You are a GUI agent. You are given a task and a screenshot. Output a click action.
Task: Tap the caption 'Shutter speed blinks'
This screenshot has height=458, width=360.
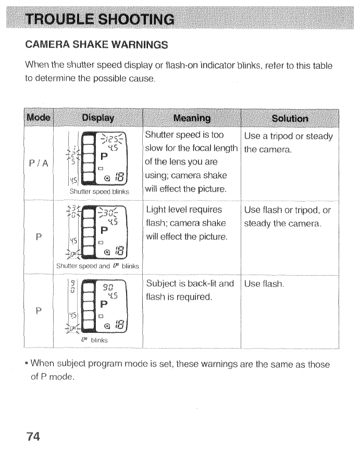point(98,191)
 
